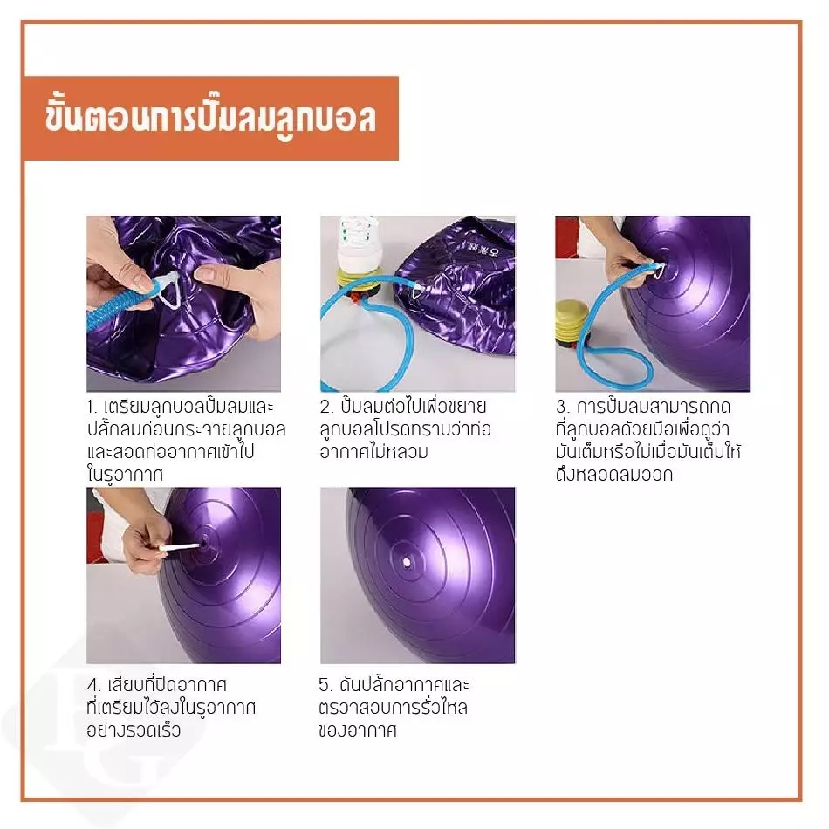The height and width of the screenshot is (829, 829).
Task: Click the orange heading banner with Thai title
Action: click(x=211, y=118)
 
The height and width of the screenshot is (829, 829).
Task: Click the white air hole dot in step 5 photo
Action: click(x=406, y=562)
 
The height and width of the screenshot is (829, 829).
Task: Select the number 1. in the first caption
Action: click(x=92, y=408)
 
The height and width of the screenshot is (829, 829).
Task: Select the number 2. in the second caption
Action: click(x=326, y=408)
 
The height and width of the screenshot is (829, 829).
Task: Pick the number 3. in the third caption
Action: click(x=563, y=408)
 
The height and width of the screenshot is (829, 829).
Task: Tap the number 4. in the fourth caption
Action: click(x=94, y=685)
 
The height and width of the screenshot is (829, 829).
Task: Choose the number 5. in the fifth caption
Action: click(x=325, y=685)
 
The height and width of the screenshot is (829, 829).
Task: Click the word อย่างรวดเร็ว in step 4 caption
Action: click(x=134, y=730)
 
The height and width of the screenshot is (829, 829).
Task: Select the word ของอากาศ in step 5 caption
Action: click(x=358, y=730)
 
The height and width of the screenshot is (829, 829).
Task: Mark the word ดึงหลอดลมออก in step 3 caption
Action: click(x=614, y=474)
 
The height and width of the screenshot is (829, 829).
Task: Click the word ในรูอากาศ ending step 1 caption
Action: click(x=125, y=474)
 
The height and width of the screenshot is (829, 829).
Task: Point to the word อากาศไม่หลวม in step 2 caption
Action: click(x=373, y=451)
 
